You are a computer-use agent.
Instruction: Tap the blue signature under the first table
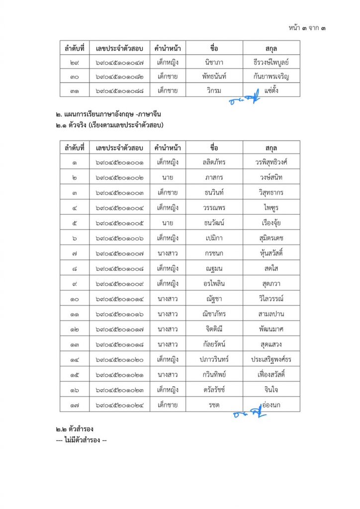(245, 98)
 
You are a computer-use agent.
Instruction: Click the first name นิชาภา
(214, 62)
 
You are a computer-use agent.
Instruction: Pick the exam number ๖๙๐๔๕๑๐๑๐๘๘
(119, 90)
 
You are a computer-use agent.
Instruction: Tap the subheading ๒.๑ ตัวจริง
(110, 124)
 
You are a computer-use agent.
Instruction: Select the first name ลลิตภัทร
(214, 162)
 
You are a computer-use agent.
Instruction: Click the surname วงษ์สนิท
(271, 176)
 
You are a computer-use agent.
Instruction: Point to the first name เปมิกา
(214, 238)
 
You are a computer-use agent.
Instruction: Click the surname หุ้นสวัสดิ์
(271, 253)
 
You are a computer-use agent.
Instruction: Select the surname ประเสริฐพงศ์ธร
(271, 359)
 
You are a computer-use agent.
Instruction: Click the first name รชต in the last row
(214, 405)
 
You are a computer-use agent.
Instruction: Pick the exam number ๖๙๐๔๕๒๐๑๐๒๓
(119, 390)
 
